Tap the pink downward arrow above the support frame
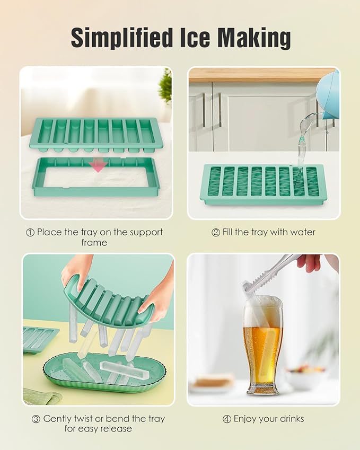pos(98,166)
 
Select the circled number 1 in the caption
pos(30,232)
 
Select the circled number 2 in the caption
pos(216,232)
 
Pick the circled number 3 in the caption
pos(36,419)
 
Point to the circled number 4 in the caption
pos(227,419)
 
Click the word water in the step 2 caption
pos(303,232)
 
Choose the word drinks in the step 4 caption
pos(291,419)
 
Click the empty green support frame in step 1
pos(95,180)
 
